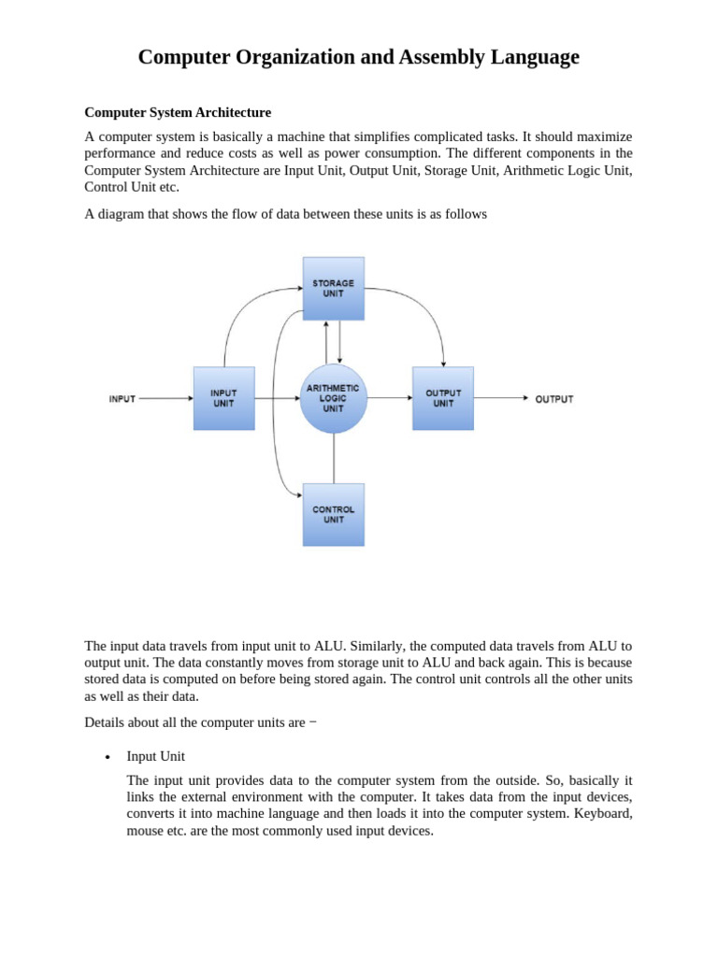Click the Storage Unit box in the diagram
(x=334, y=288)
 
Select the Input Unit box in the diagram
(x=223, y=398)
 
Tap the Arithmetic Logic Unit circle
(x=333, y=398)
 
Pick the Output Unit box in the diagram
(x=443, y=398)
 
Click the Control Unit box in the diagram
(x=334, y=514)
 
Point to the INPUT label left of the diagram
(x=122, y=399)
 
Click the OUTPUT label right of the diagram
(x=553, y=399)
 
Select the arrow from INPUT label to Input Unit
(x=165, y=399)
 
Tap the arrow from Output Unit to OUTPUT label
(x=501, y=398)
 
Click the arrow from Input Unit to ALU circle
(x=277, y=398)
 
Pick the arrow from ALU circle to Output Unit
(x=389, y=398)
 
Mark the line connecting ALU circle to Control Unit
(x=334, y=458)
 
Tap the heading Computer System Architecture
(x=178, y=112)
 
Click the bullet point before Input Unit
(x=108, y=757)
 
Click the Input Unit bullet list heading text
(x=156, y=756)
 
